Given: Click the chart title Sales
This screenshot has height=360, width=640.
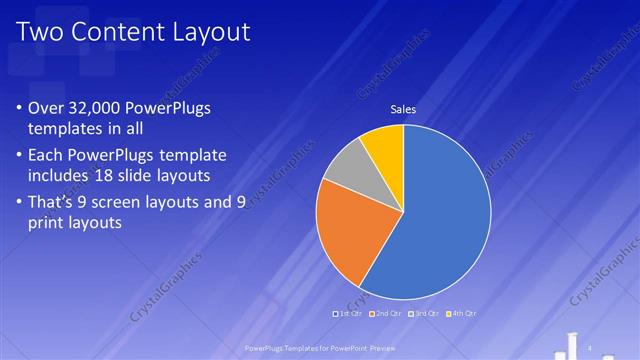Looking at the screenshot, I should click(403, 110).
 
